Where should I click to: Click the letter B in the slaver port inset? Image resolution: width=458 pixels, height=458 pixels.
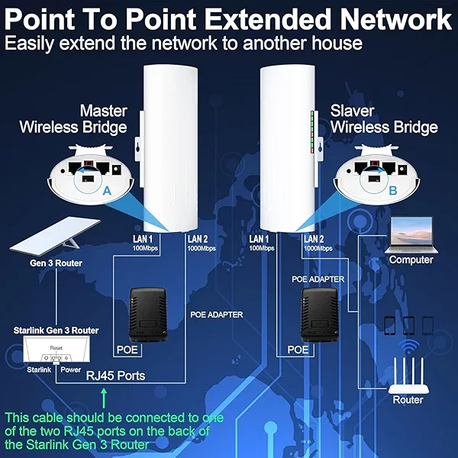(x=392, y=191)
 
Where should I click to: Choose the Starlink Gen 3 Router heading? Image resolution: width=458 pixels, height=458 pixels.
(x=56, y=331)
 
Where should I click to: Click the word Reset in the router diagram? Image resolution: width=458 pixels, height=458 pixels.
(x=56, y=347)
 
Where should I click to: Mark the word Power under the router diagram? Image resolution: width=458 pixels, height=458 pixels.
(x=71, y=369)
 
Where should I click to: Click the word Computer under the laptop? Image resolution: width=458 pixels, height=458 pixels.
(x=411, y=260)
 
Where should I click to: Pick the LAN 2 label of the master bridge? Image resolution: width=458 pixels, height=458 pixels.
(x=197, y=240)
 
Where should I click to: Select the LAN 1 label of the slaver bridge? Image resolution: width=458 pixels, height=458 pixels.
(x=260, y=240)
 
